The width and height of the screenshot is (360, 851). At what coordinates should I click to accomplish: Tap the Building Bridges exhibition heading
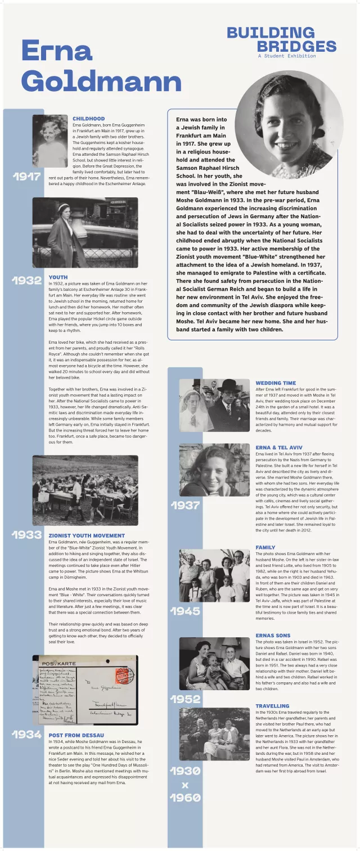(x=281, y=39)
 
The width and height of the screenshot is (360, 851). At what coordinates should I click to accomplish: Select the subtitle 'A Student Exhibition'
(x=287, y=56)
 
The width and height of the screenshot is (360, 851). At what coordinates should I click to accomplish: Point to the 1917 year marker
(x=27, y=177)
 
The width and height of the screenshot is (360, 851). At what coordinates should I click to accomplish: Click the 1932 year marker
(x=27, y=280)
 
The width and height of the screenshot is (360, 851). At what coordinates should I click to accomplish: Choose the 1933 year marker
(x=27, y=534)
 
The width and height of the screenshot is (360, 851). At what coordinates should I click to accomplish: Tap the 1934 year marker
(x=27, y=735)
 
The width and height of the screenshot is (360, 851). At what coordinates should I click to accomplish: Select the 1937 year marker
(x=185, y=505)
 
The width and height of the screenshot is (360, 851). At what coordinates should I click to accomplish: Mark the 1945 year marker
(x=185, y=611)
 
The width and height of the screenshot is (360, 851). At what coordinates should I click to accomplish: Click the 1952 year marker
(x=185, y=699)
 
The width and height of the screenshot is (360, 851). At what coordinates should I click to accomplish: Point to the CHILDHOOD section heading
(x=88, y=119)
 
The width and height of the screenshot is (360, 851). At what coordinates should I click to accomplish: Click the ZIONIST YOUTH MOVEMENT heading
(x=87, y=535)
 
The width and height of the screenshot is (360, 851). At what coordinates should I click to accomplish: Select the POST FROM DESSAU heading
(x=76, y=735)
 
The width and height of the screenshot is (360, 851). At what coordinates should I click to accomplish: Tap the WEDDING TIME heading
(x=276, y=383)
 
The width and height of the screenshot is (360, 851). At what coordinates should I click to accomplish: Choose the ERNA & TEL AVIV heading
(x=279, y=447)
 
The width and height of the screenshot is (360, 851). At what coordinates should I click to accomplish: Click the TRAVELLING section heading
(x=272, y=706)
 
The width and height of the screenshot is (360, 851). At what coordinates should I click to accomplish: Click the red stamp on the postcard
(x=121, y=675)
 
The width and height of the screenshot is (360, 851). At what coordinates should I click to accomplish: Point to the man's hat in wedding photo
(x=228, y=385)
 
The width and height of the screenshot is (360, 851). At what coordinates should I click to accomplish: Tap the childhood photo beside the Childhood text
(x=49, y=141)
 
